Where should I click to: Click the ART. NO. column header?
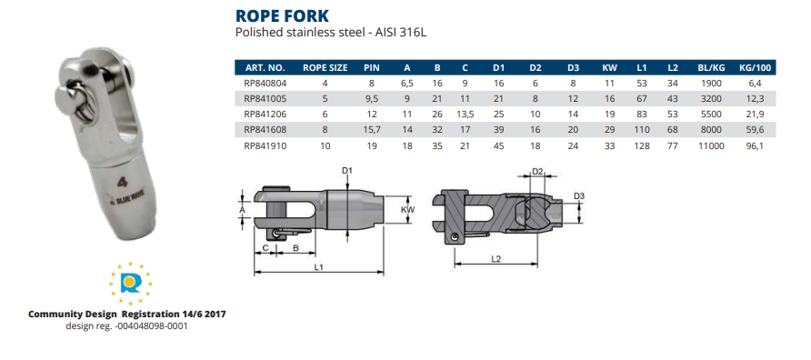pyautogui.click(x=265, y=67)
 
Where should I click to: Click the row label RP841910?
pyautogui.click(x=265, y=145)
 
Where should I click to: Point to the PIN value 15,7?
pyautogui.click(x=371, y=129)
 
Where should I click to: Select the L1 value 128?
pyautogui.click(x=642, y=145)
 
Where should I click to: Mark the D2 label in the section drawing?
pyautogui.click(x=536, y=171)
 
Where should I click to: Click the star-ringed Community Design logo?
pyautogui.click(x=127, y=284)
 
